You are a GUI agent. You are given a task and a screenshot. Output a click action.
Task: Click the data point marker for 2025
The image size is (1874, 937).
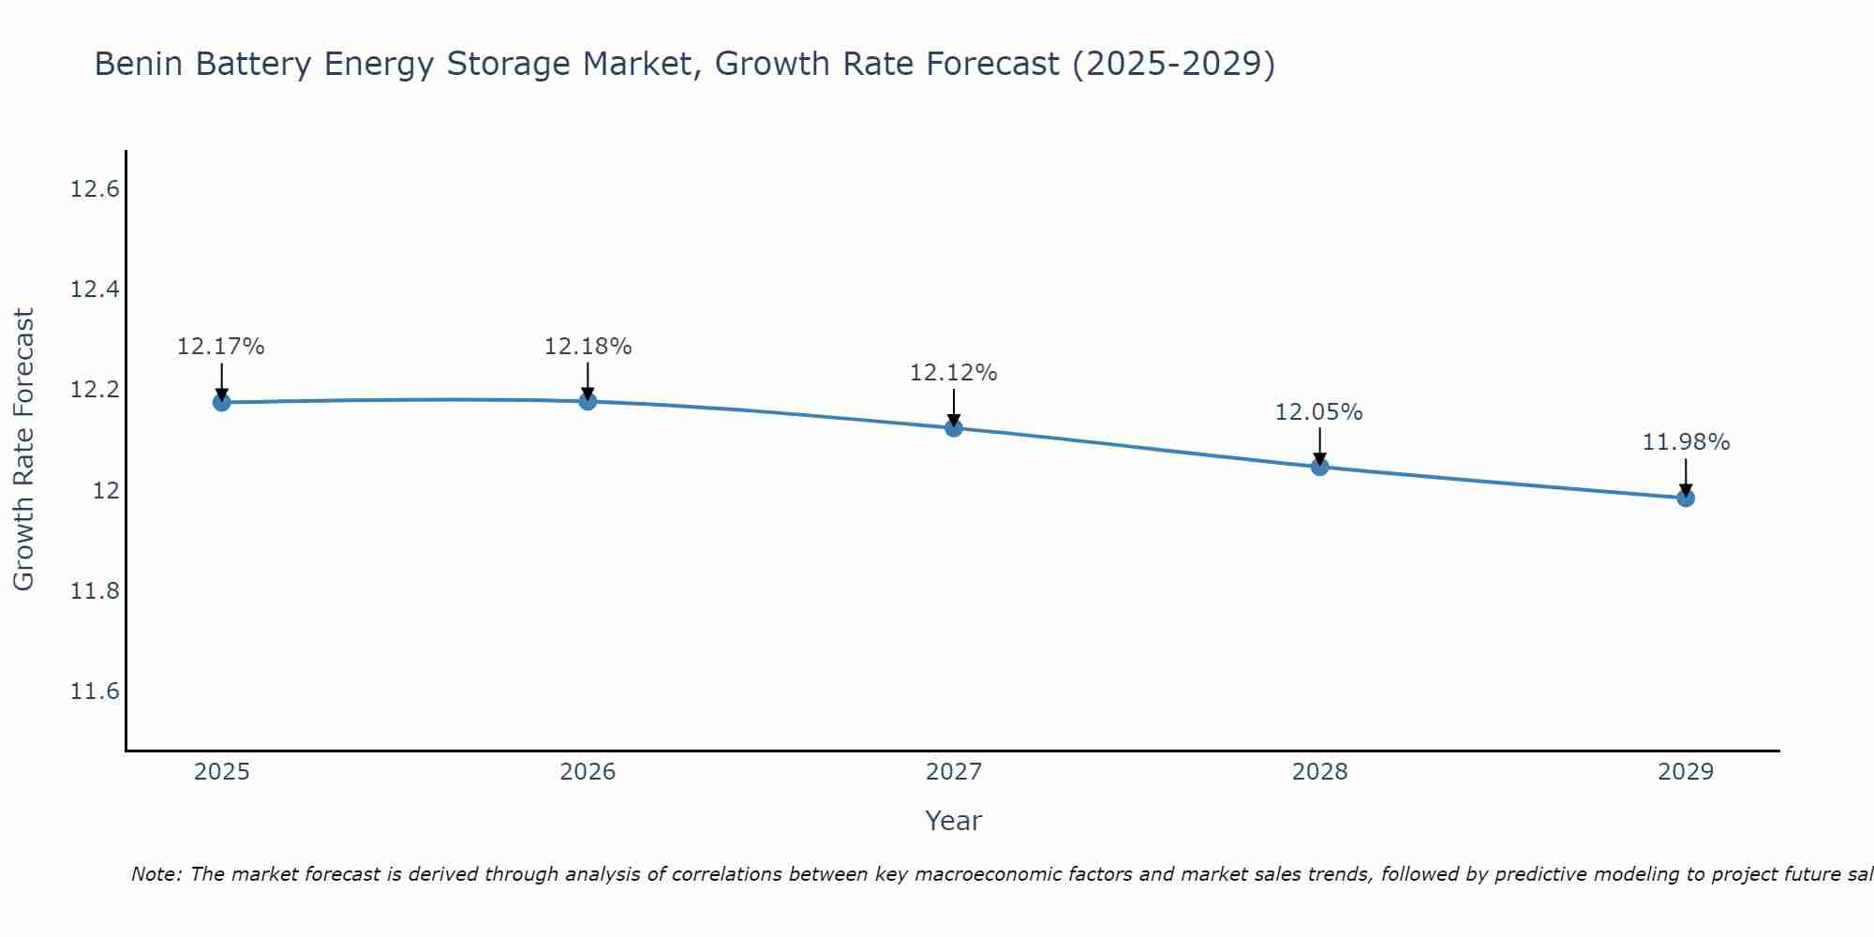pyautogui.click(x=222, y=402)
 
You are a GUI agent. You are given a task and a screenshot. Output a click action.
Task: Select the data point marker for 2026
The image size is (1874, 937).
pyautogui.click(x=587, y=401)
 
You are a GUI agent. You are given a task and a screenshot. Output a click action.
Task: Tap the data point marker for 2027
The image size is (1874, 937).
pyautogui.click(x=954, y=428)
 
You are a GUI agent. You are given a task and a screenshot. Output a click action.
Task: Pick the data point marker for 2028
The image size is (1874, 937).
pyautogui.click(x=1319, y=467)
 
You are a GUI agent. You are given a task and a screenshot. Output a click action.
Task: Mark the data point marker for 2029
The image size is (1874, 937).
pyautogui.click(x=1686, y=498)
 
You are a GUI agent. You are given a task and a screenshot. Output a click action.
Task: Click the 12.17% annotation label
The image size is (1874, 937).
pyautogui.click(x=221, y=347)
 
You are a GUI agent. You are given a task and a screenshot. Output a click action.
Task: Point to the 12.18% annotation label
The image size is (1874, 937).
pyautogui.click(x=587, y=347)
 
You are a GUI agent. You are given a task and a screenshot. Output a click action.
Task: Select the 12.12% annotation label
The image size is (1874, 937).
pyautogui.click(x=954, y=373)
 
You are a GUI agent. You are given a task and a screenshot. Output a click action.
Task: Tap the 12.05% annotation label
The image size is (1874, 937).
pyautogui.click(x=1319, y=412)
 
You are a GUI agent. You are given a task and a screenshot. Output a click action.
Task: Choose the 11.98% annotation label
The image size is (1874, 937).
pyautogui.click(x=1686, y=442)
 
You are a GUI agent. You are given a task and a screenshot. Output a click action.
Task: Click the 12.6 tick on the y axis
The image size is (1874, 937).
pyautogui.click(x=96, y=189)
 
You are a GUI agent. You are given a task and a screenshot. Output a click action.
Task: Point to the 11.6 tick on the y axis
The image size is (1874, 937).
pyautogui.click(x=96, y=692)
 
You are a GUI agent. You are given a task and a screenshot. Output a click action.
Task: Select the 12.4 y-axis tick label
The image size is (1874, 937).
pyautogui.click(x=96, y=290)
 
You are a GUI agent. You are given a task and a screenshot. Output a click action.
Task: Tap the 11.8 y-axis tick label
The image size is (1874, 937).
pyautogui.click(x=96, y=591)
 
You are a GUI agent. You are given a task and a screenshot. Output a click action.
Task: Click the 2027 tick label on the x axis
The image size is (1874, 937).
pyautogui.click(x=954, y=772)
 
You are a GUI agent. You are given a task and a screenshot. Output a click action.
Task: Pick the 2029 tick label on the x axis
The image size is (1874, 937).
pyautogui.click(x=1686, y=772)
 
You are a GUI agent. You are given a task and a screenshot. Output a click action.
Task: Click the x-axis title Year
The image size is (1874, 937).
pyautogui.click(x=954, y=821)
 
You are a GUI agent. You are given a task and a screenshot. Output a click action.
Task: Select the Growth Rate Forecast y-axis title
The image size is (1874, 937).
pyautogui.click(x=23, y=450)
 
